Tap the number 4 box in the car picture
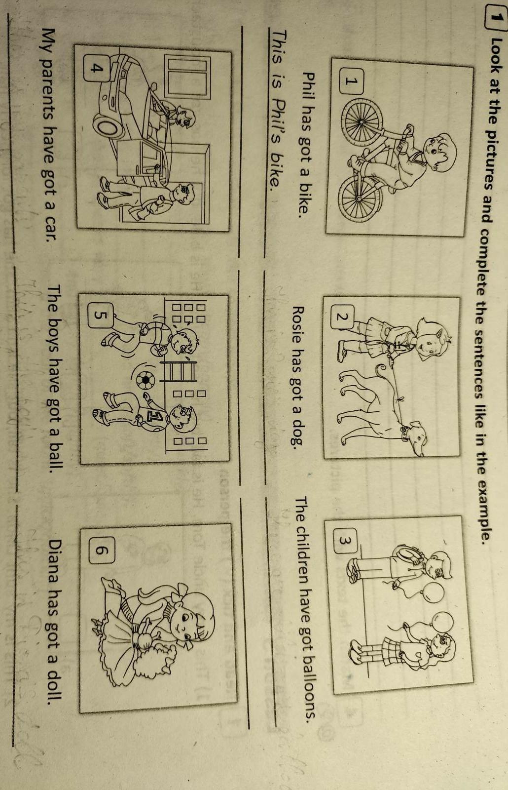coord(96,68)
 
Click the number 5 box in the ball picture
coord(100,315)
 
